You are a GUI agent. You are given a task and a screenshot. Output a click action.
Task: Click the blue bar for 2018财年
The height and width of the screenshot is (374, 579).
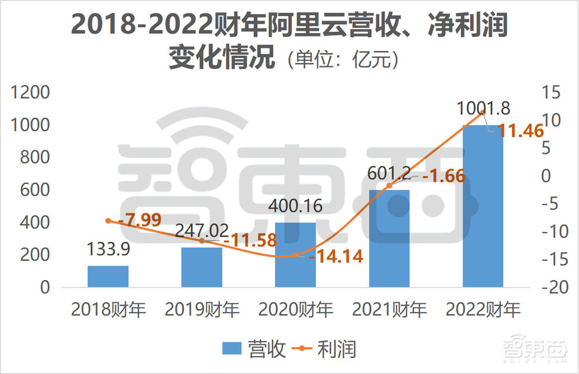[108, 277]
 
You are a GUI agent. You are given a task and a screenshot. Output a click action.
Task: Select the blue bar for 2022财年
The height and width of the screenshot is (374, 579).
[483, 206]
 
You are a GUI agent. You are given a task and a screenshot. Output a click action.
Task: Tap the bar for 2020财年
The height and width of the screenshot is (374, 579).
[295, 255]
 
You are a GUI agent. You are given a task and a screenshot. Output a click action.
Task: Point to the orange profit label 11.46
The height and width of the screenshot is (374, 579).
[521, 131]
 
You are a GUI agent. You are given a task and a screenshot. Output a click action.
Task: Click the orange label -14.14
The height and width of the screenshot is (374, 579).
[336, 257]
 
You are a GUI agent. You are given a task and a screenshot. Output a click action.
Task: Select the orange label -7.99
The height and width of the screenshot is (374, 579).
[140, 220]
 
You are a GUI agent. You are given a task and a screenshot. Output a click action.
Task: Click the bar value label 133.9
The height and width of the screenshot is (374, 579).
[108, 249]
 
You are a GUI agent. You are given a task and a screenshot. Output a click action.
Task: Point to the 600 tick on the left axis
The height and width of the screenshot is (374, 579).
[36, 190]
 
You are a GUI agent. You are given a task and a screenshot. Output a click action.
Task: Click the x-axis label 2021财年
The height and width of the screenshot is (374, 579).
[389, 310]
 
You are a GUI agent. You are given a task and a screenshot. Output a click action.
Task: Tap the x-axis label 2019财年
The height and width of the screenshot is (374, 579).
[202, 310]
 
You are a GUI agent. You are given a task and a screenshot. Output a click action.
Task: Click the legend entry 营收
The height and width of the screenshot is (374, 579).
[255, 349]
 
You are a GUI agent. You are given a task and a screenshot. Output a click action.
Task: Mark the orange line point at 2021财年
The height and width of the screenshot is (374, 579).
[389, 185]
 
